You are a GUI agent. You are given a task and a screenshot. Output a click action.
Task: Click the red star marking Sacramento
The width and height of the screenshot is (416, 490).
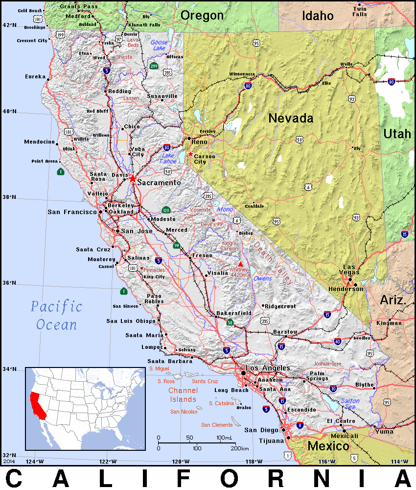pyautogui.click(x=132, y=178)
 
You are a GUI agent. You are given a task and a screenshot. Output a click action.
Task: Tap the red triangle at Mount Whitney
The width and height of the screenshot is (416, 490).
pyautogui.click(x=240, y=264)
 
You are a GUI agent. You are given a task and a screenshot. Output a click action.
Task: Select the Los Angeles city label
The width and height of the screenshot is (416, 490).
pyautogui.click(x=268, y=368)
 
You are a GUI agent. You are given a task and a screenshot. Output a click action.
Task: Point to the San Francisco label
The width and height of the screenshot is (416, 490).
pyautogui.click(x=72, y=212)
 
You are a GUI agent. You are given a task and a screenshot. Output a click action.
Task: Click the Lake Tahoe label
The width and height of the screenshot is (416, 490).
pyautogui.click(x=167, y=158)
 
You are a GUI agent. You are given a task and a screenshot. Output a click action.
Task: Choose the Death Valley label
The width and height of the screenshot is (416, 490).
pyautogui.click(x=273, y=263)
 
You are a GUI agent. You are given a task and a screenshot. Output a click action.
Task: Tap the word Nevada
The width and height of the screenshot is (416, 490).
pyautogui.click(x=291, y=118)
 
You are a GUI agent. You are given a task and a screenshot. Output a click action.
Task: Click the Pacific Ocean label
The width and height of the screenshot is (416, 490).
pyautogui.click(x=56, y=316)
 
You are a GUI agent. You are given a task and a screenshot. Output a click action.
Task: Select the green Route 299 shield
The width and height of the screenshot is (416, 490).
pyautogui.click(x=154, y=66)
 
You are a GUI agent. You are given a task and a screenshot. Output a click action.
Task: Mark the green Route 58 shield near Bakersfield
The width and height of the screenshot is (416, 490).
pyautogui.click(x=230, y=322)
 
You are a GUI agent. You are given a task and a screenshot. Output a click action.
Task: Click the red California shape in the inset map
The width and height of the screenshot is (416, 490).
pyautogui.click(x=38, y=404)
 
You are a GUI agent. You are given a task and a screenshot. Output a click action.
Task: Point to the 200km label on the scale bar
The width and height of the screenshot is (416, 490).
pyautogui.click(x=240, y=448)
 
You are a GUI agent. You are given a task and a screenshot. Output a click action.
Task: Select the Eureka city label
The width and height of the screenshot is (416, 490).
pyautogui.click(x=35, y=76)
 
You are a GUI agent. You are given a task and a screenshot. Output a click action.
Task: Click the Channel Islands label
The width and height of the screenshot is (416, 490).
pyautogui.click(x=183, y=394)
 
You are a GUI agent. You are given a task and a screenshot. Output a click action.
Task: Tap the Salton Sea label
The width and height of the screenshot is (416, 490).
pyautogui.click(x=350, y=404)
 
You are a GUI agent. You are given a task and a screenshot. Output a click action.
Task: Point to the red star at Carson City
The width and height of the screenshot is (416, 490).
pyautogui.click(x=190, y=154)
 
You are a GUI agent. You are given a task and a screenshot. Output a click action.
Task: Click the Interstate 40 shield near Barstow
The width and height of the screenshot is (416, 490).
pyautogui.click(x=337, y=341)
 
